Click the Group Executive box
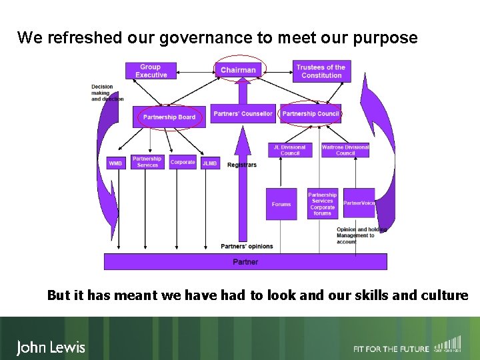coord(151,71)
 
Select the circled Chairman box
coord(238,70)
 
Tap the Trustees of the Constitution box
coord(321,71)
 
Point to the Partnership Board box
coord(169,117)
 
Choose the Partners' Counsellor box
coord(243,114)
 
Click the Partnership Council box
coord(311,114)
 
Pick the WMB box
coord(115,163)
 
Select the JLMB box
coord(210,163)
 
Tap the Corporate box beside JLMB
coord(183,162)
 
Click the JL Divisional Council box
coord(290,150)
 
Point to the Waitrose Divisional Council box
coord(345,150)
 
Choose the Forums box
coord(281,204)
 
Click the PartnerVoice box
coord(359,203)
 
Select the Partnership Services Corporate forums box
coord(323,204)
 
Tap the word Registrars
coord(241,165)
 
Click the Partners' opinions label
coord(247,246)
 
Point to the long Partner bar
coord(245,262)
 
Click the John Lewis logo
coord(51,347)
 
